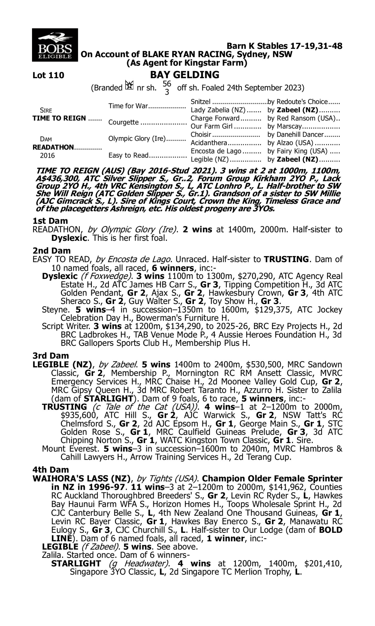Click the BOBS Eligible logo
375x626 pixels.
[x=55, y=45]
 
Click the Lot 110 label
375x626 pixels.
[x=48, y=75]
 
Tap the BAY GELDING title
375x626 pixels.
[x=184, y=75]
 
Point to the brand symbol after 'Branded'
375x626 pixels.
[x=130, y=85]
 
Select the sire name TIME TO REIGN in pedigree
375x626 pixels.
[x=59, y=118]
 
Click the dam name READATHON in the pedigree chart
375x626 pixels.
[x=53, y=147]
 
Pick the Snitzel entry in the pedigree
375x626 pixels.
[x=200, y=102]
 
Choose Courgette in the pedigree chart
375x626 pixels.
[x=123, y=122]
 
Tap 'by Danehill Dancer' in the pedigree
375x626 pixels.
[x=295, y=135]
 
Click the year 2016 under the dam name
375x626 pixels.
[x=47, y=155]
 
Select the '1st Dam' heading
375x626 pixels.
[x=50, y=221]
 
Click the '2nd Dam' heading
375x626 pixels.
[x=51, y=250]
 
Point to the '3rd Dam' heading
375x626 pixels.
[x=50, y=356]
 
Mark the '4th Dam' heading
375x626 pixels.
[x=50, y=470]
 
